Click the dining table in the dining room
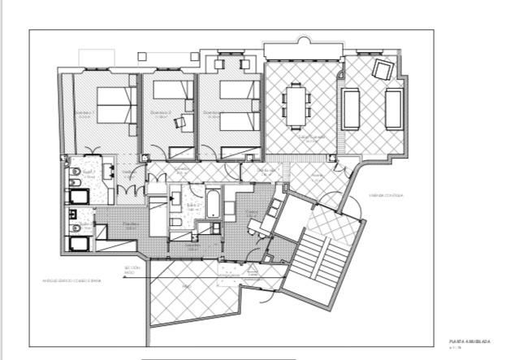click(296, 105)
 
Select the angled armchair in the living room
click(380, 71)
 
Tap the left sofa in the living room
click(352, 110)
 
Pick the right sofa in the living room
click(393, 109)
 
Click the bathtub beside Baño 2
click(213, 204)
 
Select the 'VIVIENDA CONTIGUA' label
click(387, 195)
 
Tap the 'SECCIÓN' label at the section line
click(132, 267)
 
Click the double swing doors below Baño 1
click(132, 189)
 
